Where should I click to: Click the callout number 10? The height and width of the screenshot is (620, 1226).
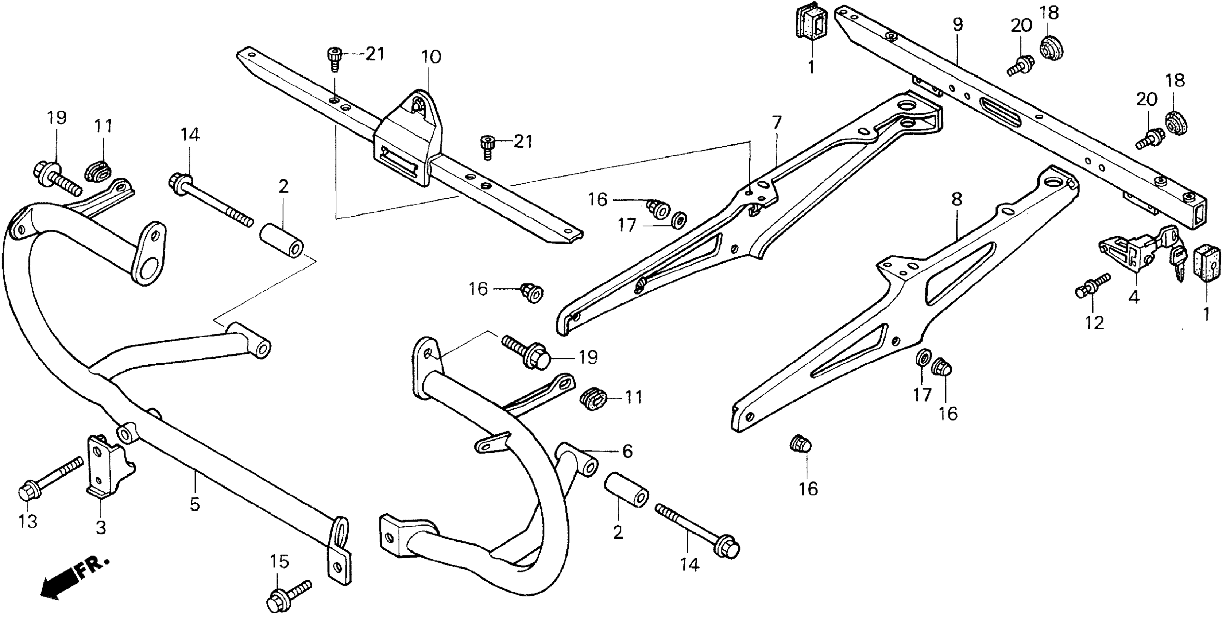(x=431, y=58)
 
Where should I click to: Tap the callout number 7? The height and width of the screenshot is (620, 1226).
(x=776, y=123)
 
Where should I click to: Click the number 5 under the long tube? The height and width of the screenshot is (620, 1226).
(x=195, y=504)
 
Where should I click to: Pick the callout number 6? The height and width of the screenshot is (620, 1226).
(x=627, y=451)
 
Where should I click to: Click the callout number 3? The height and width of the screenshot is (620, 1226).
(x=101, y=527)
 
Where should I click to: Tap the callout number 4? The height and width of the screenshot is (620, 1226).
(x=1134, y=298)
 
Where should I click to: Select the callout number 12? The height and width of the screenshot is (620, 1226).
(x=1094, y=323)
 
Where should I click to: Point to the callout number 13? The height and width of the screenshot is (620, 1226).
(x=28, y=522)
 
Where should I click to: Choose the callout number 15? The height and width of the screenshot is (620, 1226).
(x=279, y=562)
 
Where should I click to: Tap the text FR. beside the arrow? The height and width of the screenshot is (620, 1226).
(x=94, y=567)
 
